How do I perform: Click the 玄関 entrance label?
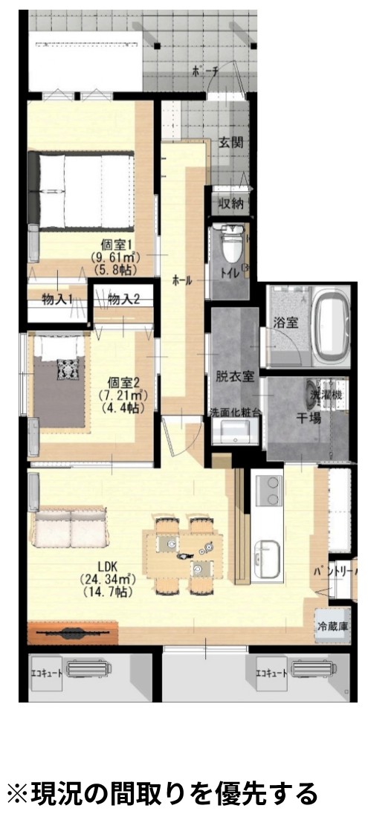tap(230, 143)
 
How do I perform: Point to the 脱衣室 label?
tap(235, 376)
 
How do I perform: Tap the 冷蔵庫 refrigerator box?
tap(332, 626)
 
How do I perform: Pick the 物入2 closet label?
tap(124, 299)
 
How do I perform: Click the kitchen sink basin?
tap(265, 556)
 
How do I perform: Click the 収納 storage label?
tap(230, 204)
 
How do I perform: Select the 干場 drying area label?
tap(309, 419)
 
